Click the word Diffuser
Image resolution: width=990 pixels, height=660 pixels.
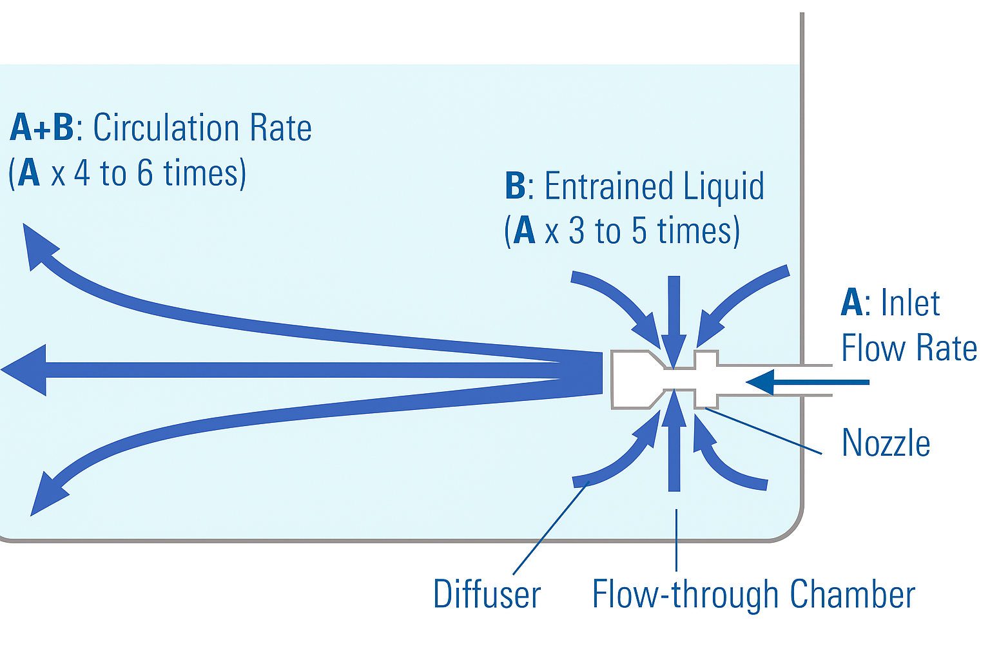pyautogui.click(x=487, y=594)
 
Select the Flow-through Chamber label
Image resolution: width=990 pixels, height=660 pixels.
pyautogui.click(x=753, y=594)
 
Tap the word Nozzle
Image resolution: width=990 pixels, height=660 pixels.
pyautogui.click(x=886, y=443)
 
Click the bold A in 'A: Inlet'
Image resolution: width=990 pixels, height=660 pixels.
pyautogui.click(x=851, y=302)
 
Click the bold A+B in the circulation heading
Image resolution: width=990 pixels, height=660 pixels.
pyautogui.click(x=42, y=127)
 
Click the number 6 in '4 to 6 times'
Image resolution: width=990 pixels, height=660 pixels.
pyautogui.click(x=145, y=173)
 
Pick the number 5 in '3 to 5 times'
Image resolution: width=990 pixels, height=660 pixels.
pyautogui.click(x=639, y=231)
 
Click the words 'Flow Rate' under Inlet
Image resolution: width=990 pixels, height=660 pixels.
pyautogui.click(x=909, y=348)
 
